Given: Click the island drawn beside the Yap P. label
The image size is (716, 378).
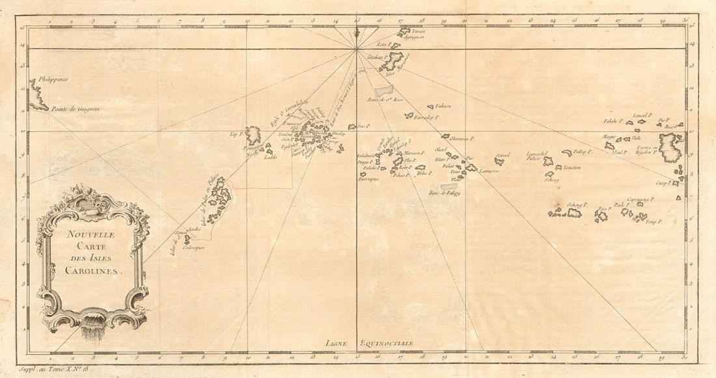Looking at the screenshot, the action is (x=254, y=135).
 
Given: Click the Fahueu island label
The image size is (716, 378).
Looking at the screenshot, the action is (x=443, y=105).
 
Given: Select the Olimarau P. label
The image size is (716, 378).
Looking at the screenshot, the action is (x=463, y=139).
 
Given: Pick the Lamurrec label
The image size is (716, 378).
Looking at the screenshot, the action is (x=489, y=171).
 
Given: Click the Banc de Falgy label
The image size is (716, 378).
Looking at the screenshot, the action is (x=444, y=193).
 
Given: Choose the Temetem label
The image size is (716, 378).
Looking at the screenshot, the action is (x=572, y=168).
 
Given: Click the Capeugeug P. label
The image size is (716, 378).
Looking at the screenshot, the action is (x=640, y=199).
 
